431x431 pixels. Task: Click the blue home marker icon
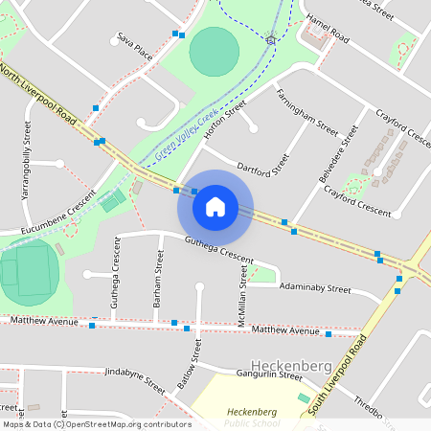click(x=215, y=206)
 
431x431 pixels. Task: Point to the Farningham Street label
click(x=306, y=113)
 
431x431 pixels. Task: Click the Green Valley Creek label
click(x=186, y=131)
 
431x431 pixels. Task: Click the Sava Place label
click(x=135, y=45)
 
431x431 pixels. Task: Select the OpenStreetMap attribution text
click(x=96, y=423)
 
